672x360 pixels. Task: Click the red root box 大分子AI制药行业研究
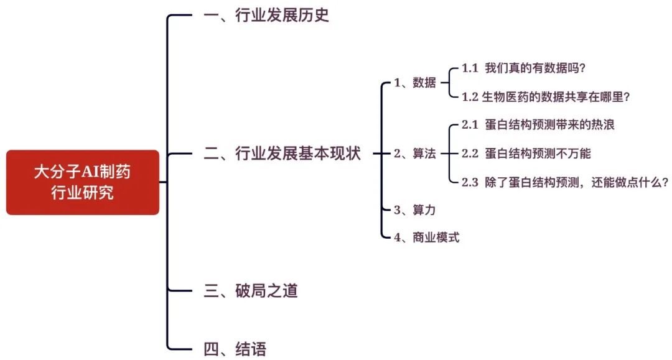[x=83, y=182]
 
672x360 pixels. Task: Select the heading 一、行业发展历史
[x=266, y=16]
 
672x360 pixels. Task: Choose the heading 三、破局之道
[x=251, y=290]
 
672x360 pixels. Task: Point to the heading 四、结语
[x=235, y=349]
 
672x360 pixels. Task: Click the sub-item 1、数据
[x=415, y=83]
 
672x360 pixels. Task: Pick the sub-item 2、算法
[x=415, y=154]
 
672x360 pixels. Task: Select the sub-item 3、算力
[x=415, y=210]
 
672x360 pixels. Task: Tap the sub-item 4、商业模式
[x=427, y=237]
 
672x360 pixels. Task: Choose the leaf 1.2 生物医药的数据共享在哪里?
[x=546, y=96]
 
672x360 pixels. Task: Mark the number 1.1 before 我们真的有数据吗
[x=470, y=68]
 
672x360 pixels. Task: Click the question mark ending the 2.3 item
[x=665, y=182]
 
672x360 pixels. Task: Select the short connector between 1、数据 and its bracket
[x=443, y=83]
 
